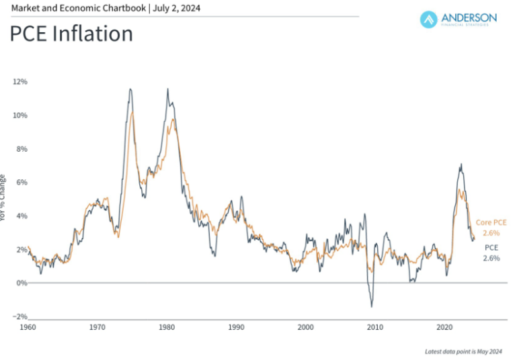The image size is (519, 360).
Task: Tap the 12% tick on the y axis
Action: [x=19, y=82]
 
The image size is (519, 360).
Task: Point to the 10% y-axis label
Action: [x=19, y=116]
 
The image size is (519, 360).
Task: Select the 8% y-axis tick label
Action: [x=21, y=149]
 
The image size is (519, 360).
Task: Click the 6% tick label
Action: [x=21, y=183]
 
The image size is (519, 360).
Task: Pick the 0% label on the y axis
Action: [x=21, y=283]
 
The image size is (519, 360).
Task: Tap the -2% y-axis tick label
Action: [x=19, y=316]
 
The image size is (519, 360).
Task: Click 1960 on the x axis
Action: [x=28, y=327]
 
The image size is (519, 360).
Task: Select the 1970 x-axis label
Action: [x=97, y=327]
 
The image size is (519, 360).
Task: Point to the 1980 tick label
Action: [x=167, y=327]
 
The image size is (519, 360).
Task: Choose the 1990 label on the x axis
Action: [x=236, y=327]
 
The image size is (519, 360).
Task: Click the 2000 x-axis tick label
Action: [x=306, y=327]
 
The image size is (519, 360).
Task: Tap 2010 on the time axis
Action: [x=375, y=327]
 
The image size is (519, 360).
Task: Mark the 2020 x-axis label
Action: [x=444, y=327]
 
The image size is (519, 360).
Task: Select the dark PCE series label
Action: [x=491, y=247]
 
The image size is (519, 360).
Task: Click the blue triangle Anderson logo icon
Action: [x=429, y=19]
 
